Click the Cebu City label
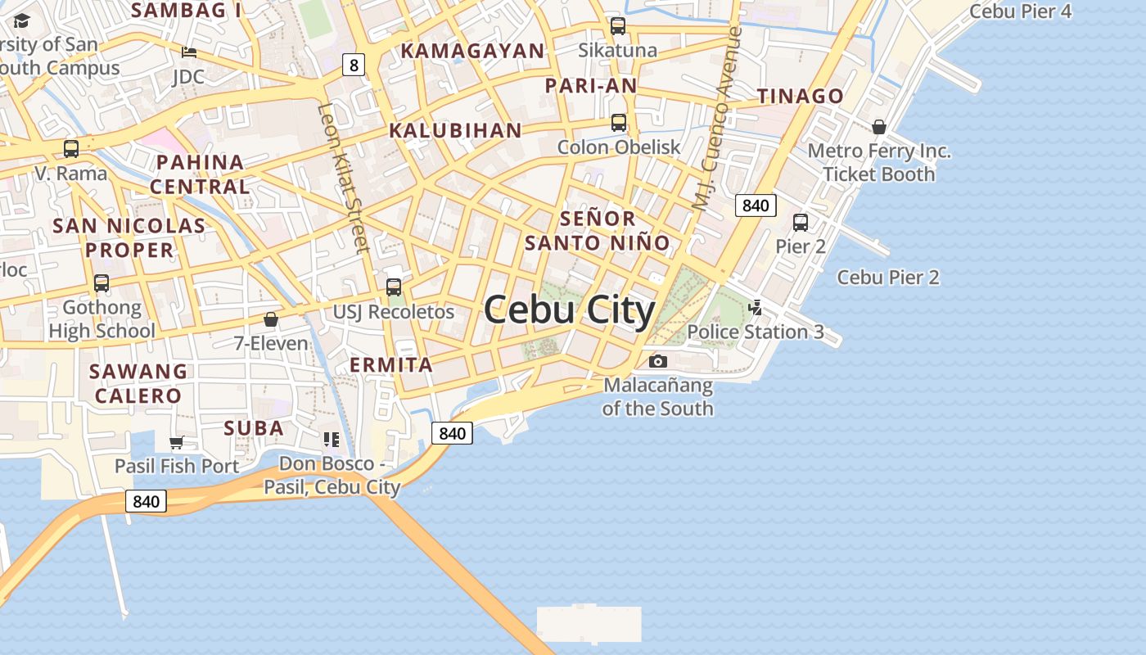570,310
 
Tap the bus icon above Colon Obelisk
619,123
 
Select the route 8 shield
353,65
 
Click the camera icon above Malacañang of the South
658,361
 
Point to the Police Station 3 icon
756,308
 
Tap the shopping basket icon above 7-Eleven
271,319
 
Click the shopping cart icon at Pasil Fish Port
176,443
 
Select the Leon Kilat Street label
344,178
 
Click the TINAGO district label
800,96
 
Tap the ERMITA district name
391,365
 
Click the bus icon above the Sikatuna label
618,26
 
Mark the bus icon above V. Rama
71,149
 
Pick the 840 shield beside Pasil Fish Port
146,501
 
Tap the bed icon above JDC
189,52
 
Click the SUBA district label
254,428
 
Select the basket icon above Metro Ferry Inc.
879,127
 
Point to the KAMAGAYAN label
472,51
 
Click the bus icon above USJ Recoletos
394,287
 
